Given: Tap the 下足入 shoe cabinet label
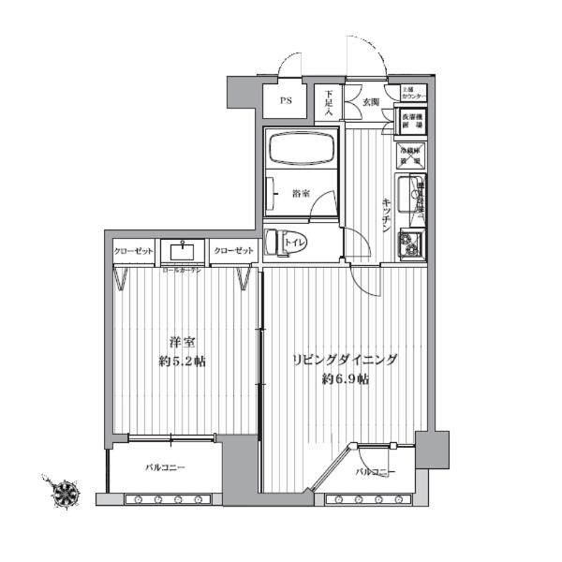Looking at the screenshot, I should [330, 101].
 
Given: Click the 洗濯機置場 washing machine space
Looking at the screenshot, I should [412, 120].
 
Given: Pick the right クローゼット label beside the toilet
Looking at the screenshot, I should [232, 251].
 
